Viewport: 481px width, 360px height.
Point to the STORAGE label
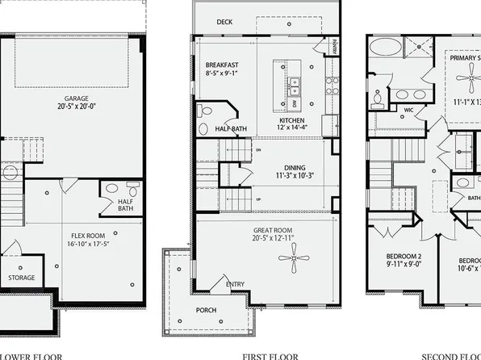pyautogui.click(x=22, y=279)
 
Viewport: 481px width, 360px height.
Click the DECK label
pyautogui.click(x=224, y=22)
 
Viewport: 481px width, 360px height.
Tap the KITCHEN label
pyautogui.click(x=284, y=119)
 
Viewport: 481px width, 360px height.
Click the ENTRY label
pyautogui.click(x=235, y=284)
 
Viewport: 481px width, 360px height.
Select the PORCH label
pyautogui.click(x=207, y=309)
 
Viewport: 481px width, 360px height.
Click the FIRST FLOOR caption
pyautogui.click(x=270, y=356)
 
